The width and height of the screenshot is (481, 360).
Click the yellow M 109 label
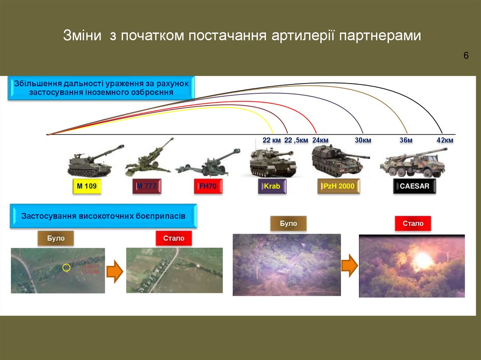coord(86,187)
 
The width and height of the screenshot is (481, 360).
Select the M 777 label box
coord(147,187)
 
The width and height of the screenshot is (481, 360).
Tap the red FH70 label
coord(208,187)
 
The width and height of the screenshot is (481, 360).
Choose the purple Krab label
coord(272,187)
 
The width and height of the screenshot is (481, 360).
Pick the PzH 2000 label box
coord(339,187)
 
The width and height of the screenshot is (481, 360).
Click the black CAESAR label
coord(414,187)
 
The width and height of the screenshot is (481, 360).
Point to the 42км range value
coord(445,140)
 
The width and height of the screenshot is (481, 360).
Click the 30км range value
coord(363,140)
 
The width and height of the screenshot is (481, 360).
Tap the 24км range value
coord(320,140)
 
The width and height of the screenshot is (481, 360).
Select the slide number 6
coord(466,56)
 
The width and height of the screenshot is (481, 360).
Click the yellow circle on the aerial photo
coord(66,268)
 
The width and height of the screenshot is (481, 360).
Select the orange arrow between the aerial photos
coord(115,271)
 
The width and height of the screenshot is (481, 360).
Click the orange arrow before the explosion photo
coord(349,266)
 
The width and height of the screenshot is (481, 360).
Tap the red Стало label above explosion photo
coord(413,224)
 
